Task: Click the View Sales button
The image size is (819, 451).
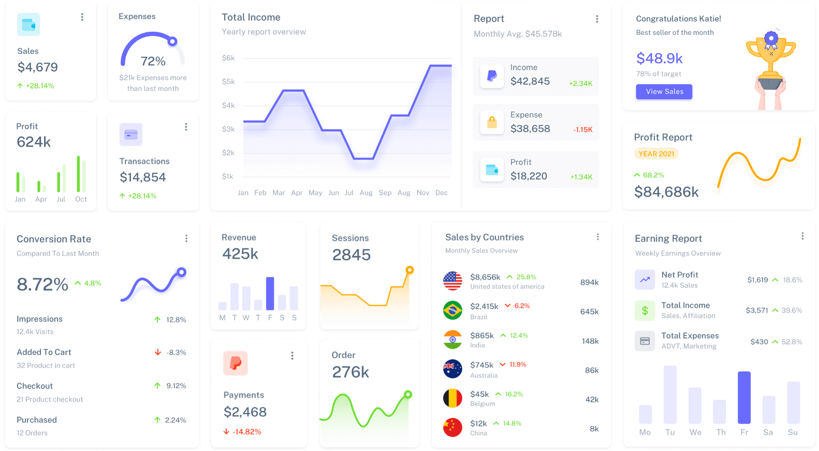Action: [664, 92]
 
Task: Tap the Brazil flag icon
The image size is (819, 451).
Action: [452, 310]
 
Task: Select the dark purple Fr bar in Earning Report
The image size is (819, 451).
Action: [744, 397]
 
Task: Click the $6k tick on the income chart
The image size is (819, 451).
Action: [228, 58]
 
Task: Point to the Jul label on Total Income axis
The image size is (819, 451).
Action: [349, 193]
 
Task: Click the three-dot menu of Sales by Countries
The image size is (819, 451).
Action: [597, 237]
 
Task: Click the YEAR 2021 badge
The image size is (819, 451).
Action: [656, 154]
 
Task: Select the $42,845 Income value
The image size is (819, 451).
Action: [530, 81]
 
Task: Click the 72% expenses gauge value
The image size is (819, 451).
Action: [153, 61]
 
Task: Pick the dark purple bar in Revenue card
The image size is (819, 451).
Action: [270, 293]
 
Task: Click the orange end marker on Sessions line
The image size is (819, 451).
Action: [409, 270]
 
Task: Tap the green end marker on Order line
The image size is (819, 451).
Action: [408, 394]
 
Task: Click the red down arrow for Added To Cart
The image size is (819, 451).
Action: [158, 352]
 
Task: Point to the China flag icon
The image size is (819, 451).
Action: [452, 427]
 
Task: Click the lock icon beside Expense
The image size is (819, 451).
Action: [492, 122]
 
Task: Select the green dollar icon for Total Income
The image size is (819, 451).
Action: [645, 310]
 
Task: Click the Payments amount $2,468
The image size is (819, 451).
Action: [245, 412]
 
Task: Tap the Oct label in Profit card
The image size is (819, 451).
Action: [81, 199]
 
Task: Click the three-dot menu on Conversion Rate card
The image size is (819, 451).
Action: [186, 239]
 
